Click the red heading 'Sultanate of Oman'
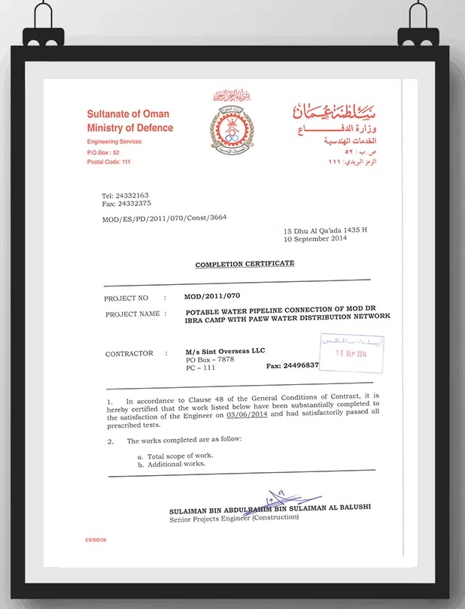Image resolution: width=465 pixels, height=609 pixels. click(x=128, y=114)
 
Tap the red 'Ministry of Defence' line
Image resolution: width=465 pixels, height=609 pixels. click(x=130, y=128)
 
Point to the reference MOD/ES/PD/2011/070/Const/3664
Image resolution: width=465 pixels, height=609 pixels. click(x=164, y=218)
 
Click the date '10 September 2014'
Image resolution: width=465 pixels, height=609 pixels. click(x=315, y=239)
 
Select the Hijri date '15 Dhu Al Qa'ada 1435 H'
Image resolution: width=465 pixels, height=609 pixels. click(x=324, y=231)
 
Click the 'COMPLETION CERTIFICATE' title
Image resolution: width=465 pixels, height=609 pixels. click(x=245, y=264)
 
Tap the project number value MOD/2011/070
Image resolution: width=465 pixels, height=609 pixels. click(x=212, y=296)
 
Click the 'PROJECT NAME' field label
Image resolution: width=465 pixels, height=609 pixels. click(x=132, y=314)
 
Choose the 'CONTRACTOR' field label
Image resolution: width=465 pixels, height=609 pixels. click(x=129, y=353)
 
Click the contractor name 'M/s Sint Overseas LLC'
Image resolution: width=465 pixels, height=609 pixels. click(x=225, y=350)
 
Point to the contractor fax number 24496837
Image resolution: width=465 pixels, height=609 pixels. click(x=293, y=365)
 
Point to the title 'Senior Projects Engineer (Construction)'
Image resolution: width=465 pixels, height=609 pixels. click(x=234, y=517)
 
